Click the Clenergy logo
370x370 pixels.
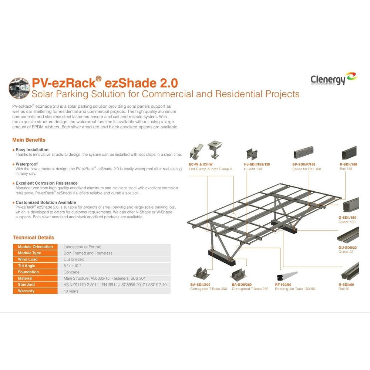(334, 78)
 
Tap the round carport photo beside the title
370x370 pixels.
(19, 88)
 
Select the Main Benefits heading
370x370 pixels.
(29, 140)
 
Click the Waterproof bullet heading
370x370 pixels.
(26, 164)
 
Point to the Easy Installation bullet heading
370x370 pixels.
(32, 149)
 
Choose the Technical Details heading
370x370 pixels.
(33, 238)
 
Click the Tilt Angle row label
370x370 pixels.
(26, 266)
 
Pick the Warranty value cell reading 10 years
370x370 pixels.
(71, 291)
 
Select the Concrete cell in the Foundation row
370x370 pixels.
(71, 272)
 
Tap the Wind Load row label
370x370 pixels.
(28, 259)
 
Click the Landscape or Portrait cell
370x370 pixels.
(82, 247)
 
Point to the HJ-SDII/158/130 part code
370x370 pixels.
(257, 165)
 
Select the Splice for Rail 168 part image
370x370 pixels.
(304, 152)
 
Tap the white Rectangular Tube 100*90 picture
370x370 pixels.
(287, 276)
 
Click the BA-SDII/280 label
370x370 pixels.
(242, 285)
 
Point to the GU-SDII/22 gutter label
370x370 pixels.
(347, 248)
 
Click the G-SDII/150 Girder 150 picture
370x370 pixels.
(351, 205)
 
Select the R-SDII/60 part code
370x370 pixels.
(346, 285)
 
